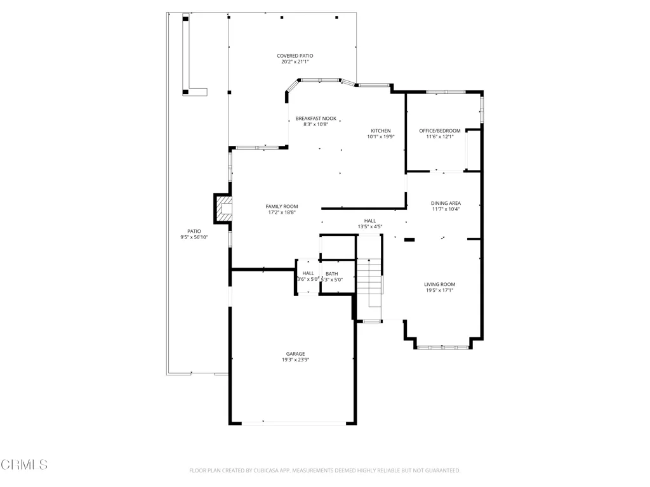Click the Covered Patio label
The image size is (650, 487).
point(295,56)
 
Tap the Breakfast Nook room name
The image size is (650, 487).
point(316,119)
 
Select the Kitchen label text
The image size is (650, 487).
point(381,131)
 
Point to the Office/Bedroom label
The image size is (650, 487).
point(440,131)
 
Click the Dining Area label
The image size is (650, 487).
point(446,204)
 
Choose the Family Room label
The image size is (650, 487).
point(282,207)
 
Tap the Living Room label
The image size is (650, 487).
point(439,285)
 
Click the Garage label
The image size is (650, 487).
point(296,354)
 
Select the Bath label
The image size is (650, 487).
point(331,274)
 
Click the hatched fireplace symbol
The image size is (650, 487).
point(223,209)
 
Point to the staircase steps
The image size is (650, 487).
point(369,276)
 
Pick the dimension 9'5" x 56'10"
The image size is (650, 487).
point(194,237)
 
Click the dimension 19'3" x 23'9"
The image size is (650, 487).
point(296,360)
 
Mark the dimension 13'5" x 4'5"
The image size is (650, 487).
point(370,226)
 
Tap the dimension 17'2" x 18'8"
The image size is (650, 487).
point(282,212)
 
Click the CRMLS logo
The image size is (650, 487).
point(24,465)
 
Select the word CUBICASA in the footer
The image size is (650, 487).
point(269,471)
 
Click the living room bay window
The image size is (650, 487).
point(443,347)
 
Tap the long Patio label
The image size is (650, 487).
point(194,231)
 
